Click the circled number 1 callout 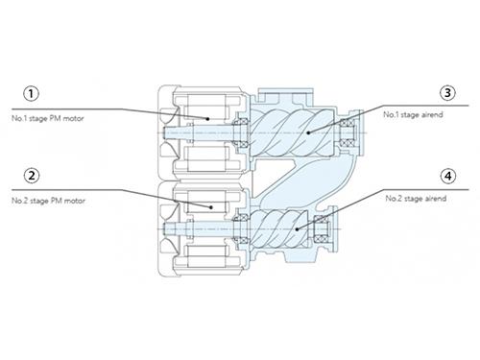(x=31, y=94)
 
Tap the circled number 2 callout (x=32, y=176)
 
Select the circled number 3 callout (x=447, y=93)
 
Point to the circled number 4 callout (x=448, y=176)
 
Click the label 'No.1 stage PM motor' (x=48, y=118)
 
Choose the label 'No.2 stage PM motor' (x=48, y=201)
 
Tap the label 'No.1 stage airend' (x=413, y=114)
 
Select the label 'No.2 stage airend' (x=416, y=199)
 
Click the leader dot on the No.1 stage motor (x=207, y=119)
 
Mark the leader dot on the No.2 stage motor (x=211, y=207)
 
